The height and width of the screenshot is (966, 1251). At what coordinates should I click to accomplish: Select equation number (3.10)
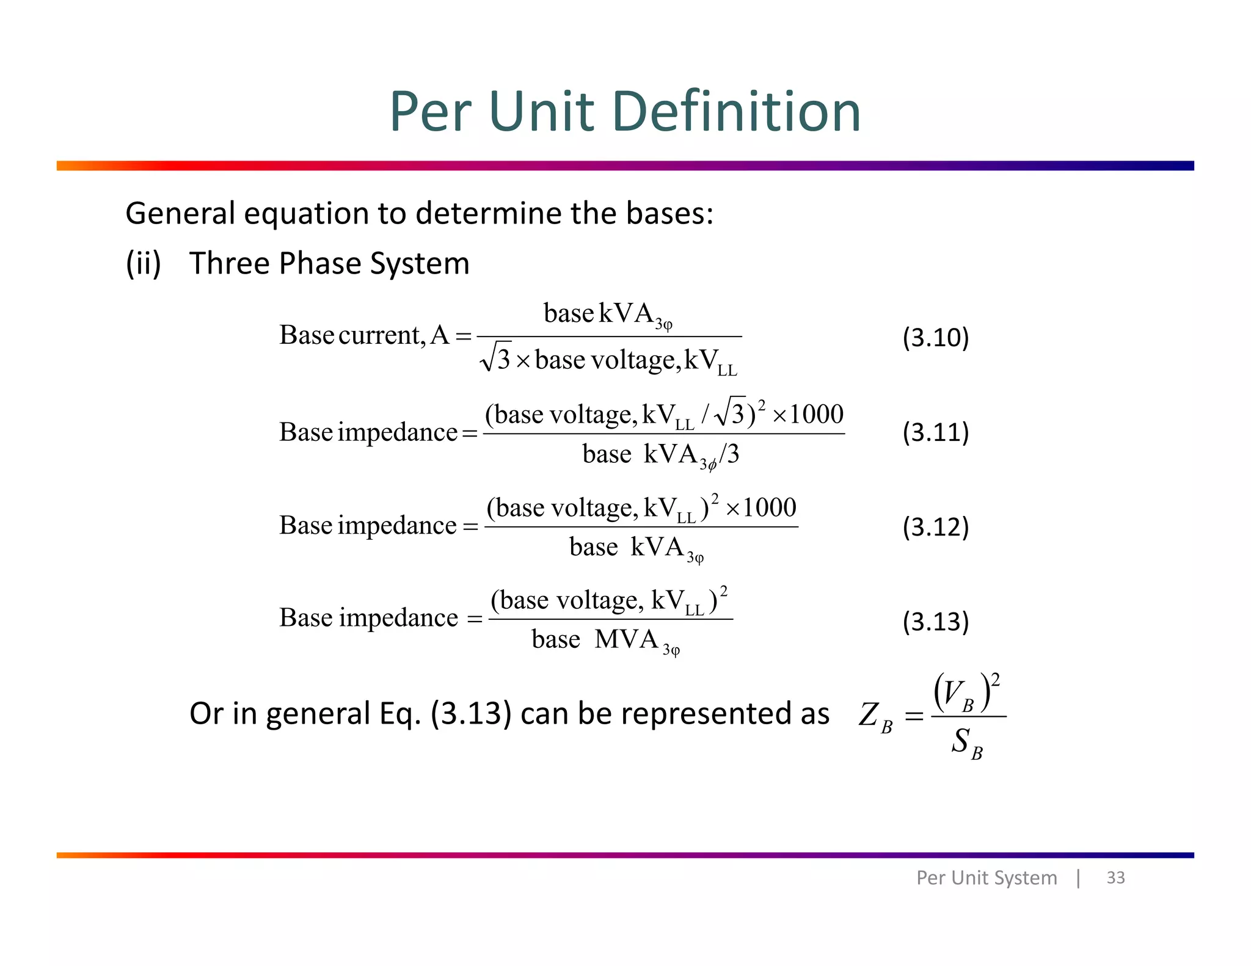[x=935, y=338]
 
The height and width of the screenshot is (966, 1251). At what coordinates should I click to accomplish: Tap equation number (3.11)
[x=935, y=432]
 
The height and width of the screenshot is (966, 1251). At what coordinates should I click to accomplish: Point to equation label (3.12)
[x=935, y=527]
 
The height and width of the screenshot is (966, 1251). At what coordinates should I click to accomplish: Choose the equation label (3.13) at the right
[x=935, y=622]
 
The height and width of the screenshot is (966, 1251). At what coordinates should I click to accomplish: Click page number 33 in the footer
[x=1115, y=877]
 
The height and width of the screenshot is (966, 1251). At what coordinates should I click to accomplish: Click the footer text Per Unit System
[x=986, y=877]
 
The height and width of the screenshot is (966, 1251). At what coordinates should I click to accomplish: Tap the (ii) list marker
[x=143, y=264]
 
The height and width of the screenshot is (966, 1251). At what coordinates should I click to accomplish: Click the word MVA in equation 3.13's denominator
[x=626, y=639]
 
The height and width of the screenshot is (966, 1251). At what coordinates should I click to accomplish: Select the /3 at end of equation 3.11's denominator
[x=729, y=454]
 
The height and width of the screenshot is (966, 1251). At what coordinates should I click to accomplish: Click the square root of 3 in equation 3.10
[x=495, y=357]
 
